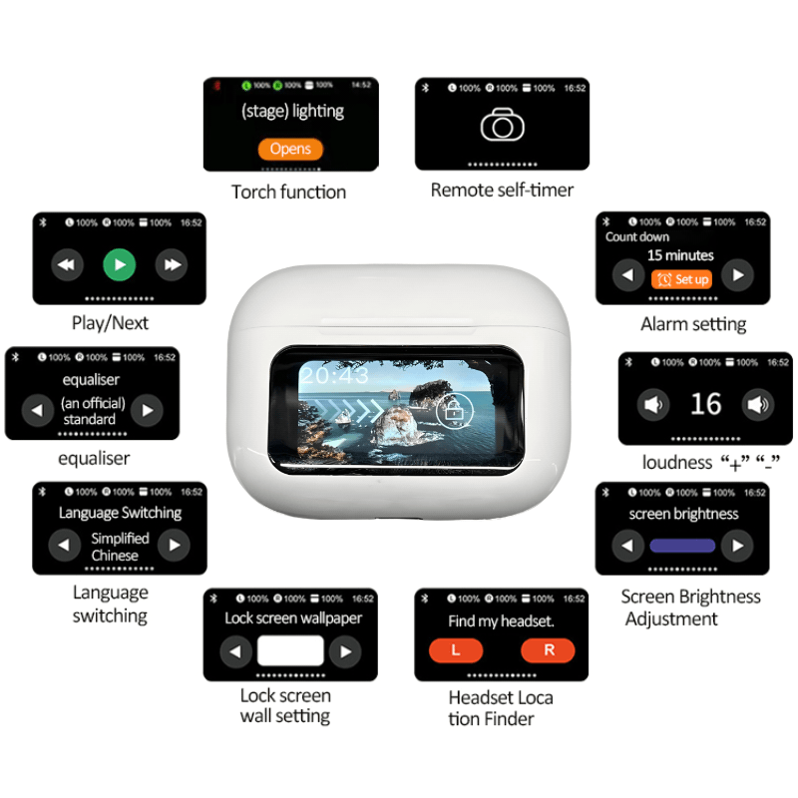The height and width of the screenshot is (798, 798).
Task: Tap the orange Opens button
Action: tap(290, 149)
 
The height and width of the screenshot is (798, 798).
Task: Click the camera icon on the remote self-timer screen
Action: tap(502, 126)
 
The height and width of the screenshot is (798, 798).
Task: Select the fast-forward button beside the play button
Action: tap(172, 265)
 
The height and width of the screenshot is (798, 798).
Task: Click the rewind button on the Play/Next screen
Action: tap(67, 265)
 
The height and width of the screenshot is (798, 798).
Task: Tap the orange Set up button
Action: tap(682, 279)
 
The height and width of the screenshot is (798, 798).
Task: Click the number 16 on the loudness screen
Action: tap(705, 404)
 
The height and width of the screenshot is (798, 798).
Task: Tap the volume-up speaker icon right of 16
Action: tap(757, 404)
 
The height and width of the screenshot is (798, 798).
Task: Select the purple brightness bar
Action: tap(682, 546)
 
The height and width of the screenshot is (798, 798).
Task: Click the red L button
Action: tap(456, 650)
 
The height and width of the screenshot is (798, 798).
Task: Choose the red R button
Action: tap(548, 650)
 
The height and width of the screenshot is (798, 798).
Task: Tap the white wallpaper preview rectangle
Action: tap(290, 650)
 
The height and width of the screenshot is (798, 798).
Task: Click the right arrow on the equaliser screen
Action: tap(147, 410)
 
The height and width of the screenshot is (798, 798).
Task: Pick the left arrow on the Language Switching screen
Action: tap(65, 545)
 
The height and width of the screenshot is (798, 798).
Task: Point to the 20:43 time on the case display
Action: tap(334, 376)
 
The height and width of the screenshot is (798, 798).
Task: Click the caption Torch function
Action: tap(288, 192)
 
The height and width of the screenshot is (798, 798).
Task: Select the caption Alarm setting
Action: tap(693, 324)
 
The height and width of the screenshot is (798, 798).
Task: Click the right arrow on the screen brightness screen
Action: tap(737, 546)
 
